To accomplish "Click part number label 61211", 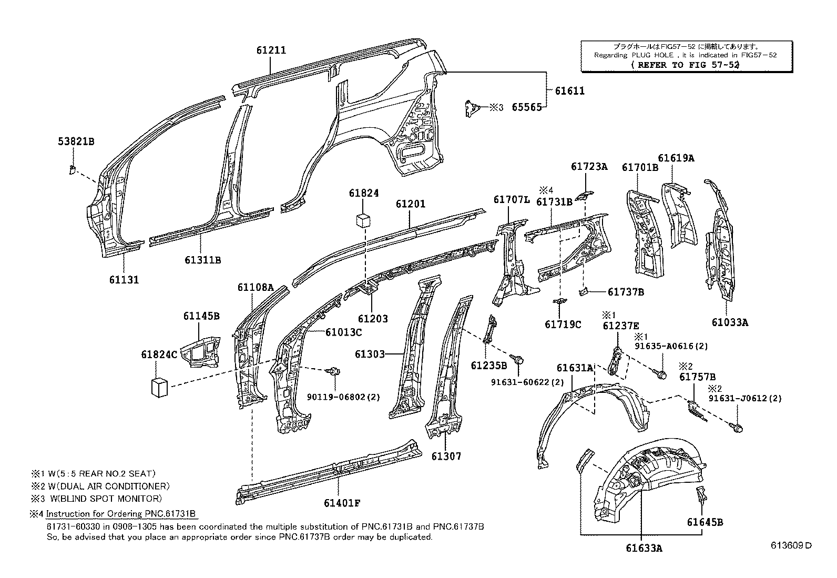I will tap(271, 50).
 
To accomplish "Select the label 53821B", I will tap(76, 141).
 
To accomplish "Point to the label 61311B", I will tap(202, 260).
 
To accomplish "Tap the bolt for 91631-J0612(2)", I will tap(738, 428).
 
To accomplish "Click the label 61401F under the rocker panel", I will tap(342, 503).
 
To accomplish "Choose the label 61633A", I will tap(644, 549).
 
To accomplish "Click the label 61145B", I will tap(201, 316).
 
